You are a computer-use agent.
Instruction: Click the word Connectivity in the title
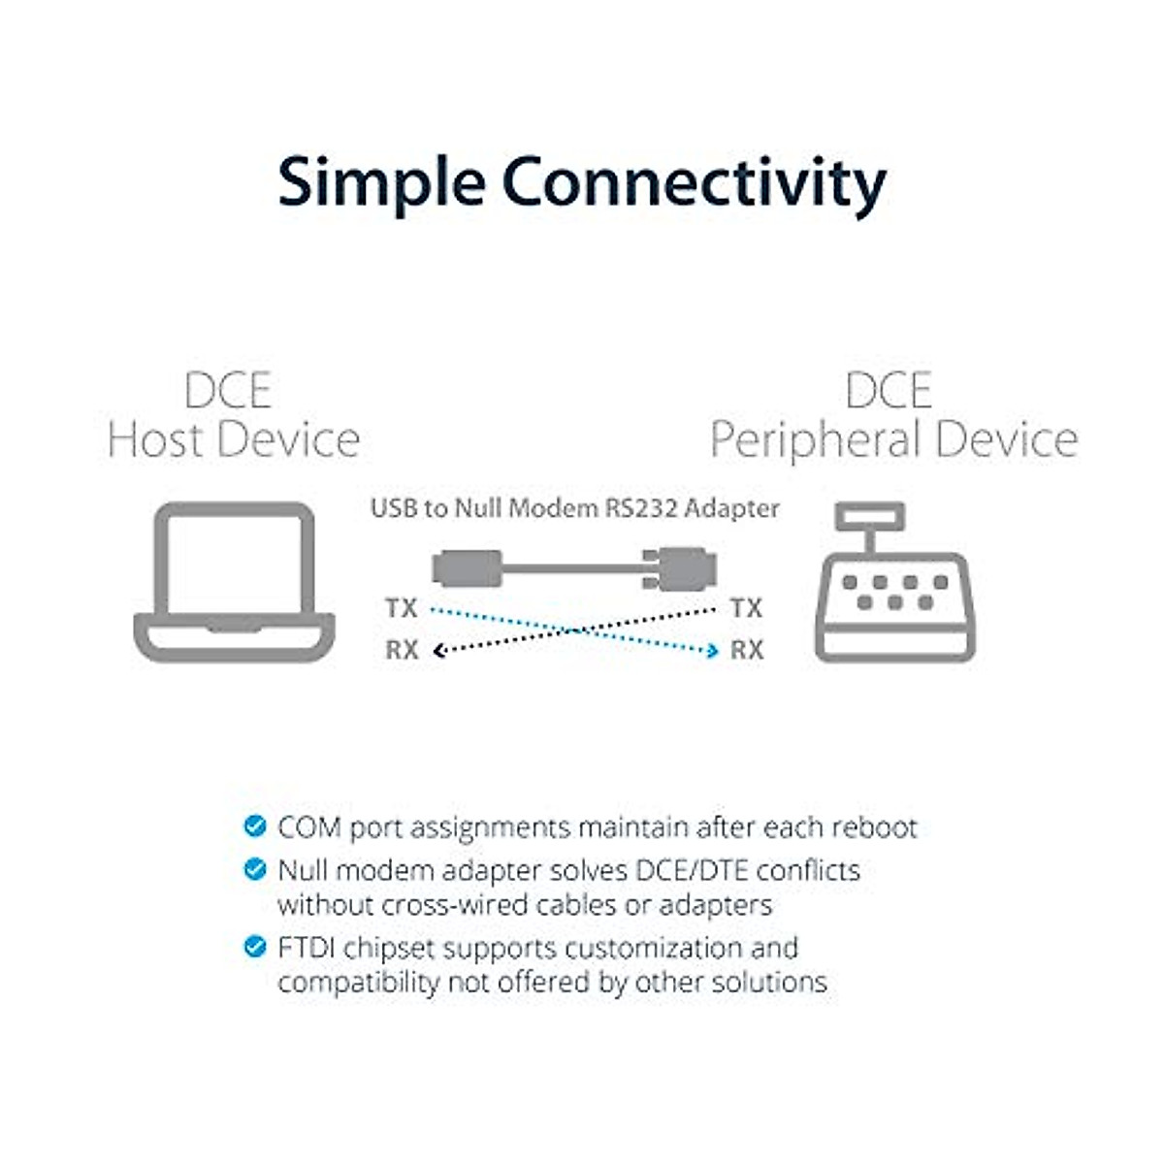(x=694, y=184)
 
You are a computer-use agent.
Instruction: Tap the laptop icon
(x=234, y=582)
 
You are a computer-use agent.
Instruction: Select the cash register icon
(x=894, y=584)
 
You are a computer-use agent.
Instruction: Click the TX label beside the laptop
(x=401, y=609)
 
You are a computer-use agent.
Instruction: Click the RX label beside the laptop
(x=402, y=650)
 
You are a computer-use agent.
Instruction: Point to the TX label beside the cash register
(x=746, y=609)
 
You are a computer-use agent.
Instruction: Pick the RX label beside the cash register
(x=746, y=650)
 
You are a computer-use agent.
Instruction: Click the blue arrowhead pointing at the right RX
(x=713, y=651)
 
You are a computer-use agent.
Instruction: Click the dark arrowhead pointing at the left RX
(x=438, y=651)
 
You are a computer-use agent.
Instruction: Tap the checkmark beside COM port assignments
(x=254, y=826)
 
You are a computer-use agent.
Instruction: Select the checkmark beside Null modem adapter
(x=254, y=869)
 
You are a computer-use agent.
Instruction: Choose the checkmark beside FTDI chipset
(x=254, y=947)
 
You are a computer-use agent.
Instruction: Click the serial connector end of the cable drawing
(x=680, y=568)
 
